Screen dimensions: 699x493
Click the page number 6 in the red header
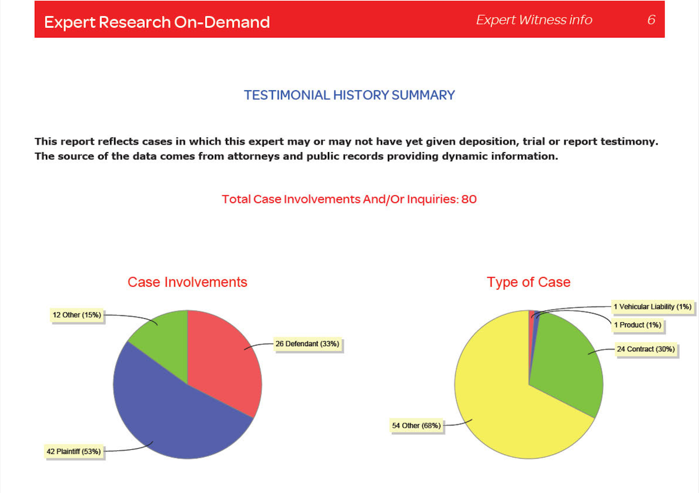pos(651,20)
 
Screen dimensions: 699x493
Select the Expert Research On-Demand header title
pos(157,22)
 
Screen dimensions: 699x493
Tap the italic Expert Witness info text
pos(534,20)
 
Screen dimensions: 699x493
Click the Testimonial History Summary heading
pos(349,95)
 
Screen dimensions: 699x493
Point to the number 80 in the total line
pos(469,199)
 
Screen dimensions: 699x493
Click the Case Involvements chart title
pos(187,282)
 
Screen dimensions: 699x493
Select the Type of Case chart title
pos(529,282)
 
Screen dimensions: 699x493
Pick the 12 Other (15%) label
pos(77,315)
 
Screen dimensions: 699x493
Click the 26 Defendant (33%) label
pos(308,344)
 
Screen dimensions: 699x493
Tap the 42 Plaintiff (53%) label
pos(73,452)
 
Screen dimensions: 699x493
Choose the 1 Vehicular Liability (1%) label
pos(652,307)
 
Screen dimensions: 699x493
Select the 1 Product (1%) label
pos(637,325)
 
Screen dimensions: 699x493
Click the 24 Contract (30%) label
pos(646,349)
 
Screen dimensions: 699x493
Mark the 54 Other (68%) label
pos(416,425)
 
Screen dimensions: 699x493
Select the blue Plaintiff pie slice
pos(175,418)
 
